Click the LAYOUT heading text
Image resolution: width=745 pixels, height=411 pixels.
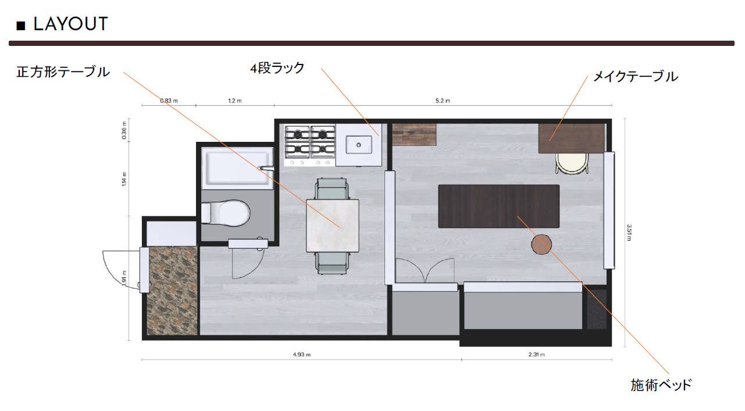70,24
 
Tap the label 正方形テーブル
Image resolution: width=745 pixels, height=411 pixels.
63,72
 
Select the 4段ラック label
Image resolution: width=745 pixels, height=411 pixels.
277,68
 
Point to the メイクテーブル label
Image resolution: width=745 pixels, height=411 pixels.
636,77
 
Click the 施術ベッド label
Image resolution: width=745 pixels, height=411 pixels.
661,385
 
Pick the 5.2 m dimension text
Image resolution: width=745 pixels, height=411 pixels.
443,101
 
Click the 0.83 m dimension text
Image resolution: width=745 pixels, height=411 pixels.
169,101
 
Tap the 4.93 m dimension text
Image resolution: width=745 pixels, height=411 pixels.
302,355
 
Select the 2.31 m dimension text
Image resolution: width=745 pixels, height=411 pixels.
536,355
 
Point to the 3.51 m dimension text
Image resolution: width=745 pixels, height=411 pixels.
629,233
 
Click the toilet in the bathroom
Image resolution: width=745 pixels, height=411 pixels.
226,213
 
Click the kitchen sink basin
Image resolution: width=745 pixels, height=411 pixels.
358,145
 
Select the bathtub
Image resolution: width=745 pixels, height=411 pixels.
237,167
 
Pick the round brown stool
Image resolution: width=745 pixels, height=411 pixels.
541,244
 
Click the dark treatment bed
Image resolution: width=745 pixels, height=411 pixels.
498,206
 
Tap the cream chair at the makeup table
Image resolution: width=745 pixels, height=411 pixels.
572,163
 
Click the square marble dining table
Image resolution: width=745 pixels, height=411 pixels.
333,226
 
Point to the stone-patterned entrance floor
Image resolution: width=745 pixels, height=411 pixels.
172,290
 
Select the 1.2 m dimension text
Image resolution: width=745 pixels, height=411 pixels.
235,101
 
